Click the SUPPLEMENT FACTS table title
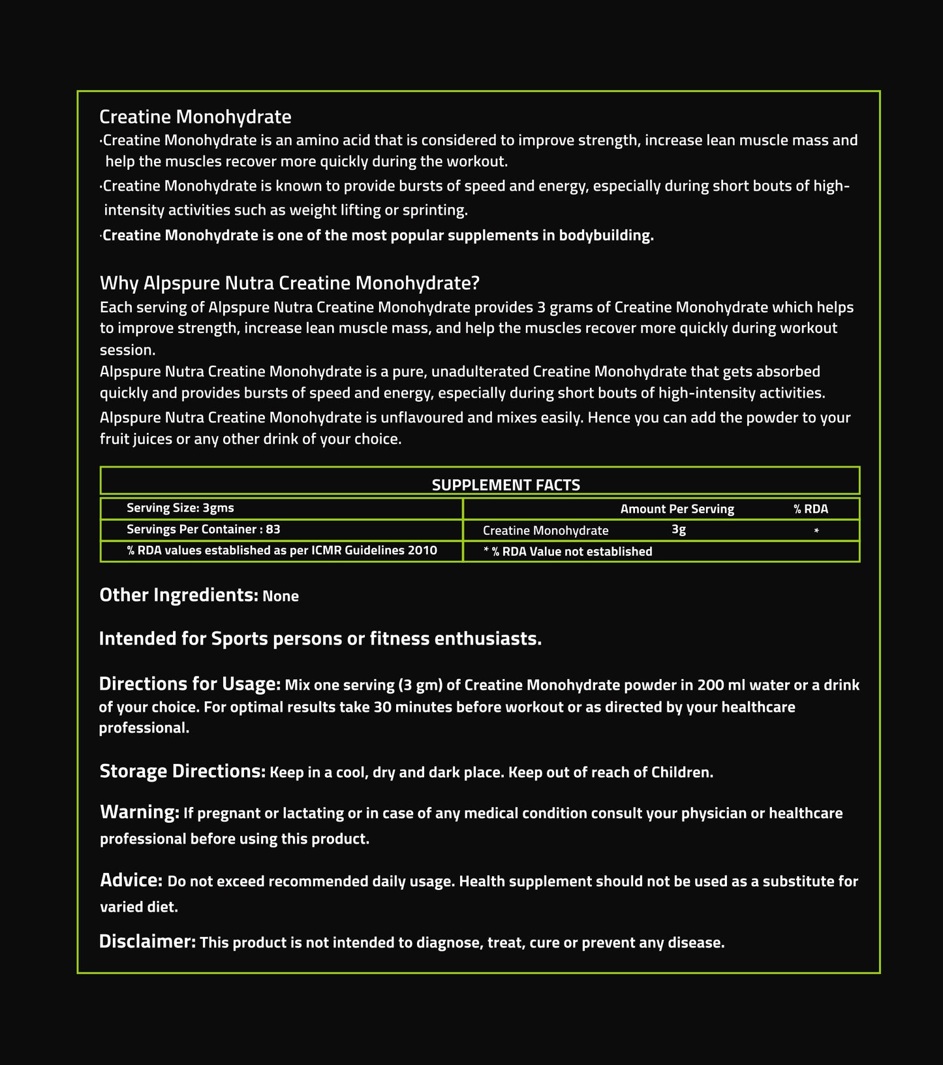(x=506, y=485)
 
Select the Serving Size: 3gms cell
(x=180, y=508)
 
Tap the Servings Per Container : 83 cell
(x=203, y=530)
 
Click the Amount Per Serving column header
(x=677, y=509)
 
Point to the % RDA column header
(x=811, y=509)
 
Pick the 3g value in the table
(x=679, y=530)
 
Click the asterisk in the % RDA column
(x=816, y=532)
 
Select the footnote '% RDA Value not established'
(x=571, y=552)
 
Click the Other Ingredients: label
(x=179, y=595)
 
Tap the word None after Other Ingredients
(x=281, y=596)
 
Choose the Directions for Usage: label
(x=189, y=684)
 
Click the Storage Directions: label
(x=182, y=771)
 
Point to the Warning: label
(x=139, y=812)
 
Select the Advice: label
(x=131, y=880)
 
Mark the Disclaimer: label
(x=147, y=942)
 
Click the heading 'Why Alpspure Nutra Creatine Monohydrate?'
(x=289, y=283)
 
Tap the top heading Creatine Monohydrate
(x=195, y=117)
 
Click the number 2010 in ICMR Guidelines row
(x=422, y=550)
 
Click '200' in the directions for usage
(x=710, y=686)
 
